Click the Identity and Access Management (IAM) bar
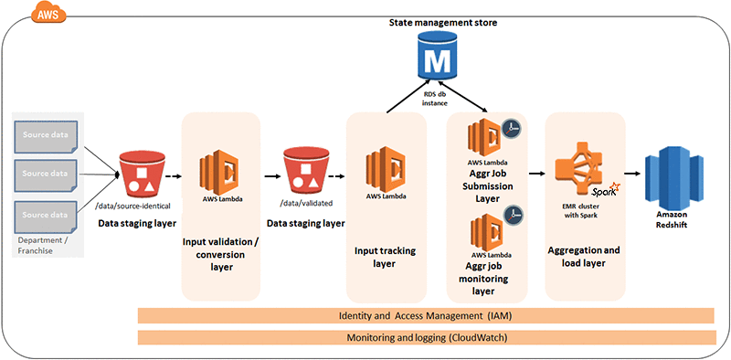[425, 315]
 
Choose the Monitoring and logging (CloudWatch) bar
[425, 337]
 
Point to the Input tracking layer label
[386, 255]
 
